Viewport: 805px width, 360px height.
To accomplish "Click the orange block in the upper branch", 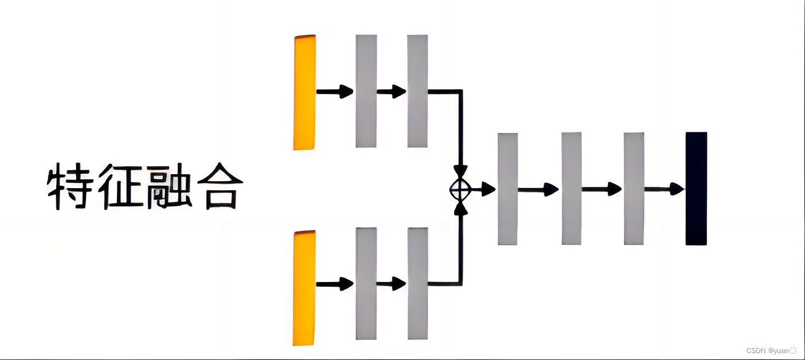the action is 304,92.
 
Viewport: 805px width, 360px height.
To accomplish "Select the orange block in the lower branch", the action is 304,288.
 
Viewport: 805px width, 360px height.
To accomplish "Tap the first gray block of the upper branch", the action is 366,91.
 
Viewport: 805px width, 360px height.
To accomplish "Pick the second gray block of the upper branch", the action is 417,91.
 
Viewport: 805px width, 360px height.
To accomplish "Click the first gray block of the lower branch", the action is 366,283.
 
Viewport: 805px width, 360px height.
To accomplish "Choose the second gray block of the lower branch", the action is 417,283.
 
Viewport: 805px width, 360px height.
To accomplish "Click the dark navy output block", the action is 696,189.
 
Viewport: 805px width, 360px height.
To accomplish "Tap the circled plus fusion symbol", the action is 460,188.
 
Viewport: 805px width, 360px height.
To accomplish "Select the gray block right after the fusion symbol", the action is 507,189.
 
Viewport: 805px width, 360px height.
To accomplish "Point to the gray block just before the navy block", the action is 634,189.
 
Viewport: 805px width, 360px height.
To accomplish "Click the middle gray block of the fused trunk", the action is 571,189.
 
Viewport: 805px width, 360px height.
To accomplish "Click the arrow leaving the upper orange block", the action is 335,91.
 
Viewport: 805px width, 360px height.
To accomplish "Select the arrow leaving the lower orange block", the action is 335,284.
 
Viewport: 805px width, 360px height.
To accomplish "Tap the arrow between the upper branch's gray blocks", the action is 392,91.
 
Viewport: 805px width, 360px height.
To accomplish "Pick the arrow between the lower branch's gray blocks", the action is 392,284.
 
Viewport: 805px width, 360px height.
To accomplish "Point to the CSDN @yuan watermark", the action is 771,350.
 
